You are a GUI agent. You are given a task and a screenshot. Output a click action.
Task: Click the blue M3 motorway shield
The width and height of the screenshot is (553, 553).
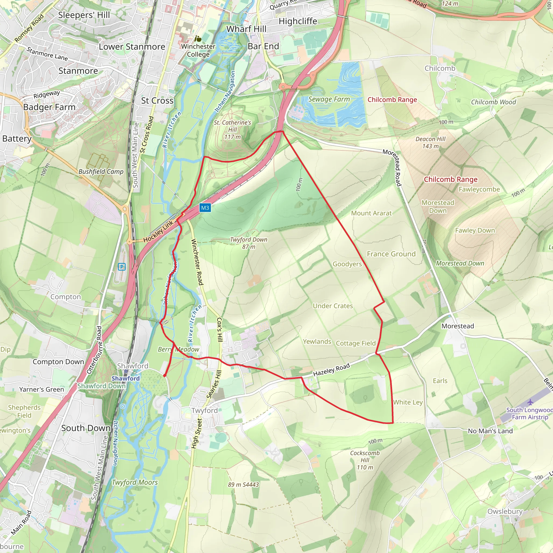[x=205, y=208]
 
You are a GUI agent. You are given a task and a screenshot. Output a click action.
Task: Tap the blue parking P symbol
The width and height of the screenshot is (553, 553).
[x=122, y=267]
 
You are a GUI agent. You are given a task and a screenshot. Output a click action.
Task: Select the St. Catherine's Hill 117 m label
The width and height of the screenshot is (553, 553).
[x=232, y=130]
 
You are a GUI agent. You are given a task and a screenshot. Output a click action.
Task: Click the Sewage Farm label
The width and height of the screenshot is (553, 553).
[x=329, y=99]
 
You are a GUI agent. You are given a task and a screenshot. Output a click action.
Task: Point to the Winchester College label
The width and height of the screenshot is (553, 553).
[x=198, y=50]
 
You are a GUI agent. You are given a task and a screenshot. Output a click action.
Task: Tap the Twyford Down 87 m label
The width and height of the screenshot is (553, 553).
[x=248, y=243]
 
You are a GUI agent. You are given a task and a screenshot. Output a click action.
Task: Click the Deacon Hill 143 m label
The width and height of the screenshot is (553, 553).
[x=430, y=143]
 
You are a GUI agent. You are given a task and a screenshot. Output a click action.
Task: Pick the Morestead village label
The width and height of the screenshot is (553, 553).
[x=457, y=326]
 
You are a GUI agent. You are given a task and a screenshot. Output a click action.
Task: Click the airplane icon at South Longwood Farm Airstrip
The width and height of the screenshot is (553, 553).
[x=530, y=402]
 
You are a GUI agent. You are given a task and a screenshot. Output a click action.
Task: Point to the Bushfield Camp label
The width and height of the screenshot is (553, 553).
[x=101, y=171]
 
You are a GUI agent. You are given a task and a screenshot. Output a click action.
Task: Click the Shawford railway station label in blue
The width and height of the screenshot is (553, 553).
[x=125, y=378]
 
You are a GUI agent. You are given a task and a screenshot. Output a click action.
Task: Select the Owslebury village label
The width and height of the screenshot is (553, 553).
[x=505, y=511]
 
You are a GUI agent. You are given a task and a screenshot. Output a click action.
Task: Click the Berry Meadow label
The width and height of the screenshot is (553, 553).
[x=178, y=349]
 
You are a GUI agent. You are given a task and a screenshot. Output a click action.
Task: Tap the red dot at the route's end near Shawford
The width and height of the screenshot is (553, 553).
[x=165, y=375]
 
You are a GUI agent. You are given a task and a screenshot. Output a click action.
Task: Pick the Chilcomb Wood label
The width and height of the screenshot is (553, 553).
[x=494, y=102]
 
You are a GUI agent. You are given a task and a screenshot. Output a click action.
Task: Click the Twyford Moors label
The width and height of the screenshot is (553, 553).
[x=134, y=482]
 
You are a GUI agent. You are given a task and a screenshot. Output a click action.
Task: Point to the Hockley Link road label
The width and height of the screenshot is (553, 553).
[x=158, y=232]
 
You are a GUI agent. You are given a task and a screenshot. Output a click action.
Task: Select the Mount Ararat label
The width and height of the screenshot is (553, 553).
[x=371, y=213]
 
